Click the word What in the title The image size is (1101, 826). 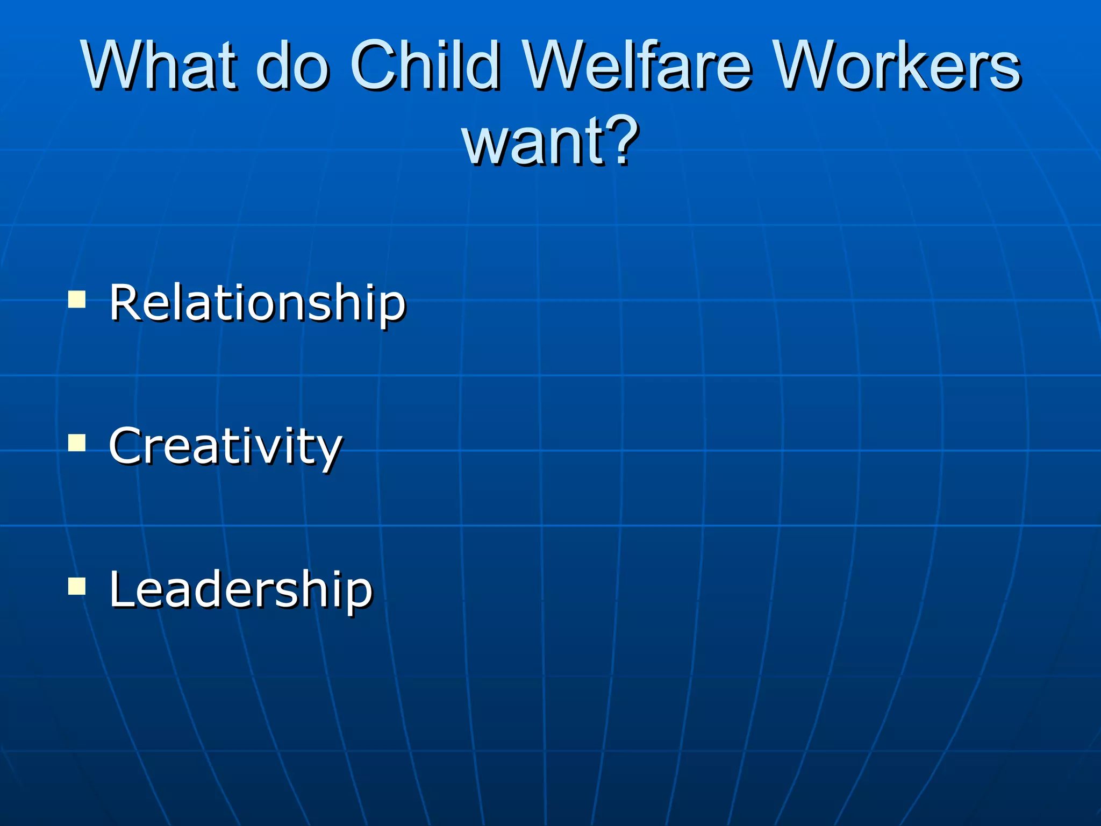point(159,66)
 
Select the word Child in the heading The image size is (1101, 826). point(425,66)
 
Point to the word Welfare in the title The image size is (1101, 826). point(637,66)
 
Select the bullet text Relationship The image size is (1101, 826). point(257,303)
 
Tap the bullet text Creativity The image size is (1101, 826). point(225,446)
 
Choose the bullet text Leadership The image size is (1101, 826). point(240,590)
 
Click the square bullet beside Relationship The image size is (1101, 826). point(77,299)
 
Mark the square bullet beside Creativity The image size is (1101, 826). point(77,443)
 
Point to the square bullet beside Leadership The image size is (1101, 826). point(77,586)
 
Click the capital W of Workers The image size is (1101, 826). point(809,66)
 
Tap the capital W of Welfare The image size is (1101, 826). point(557,66)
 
